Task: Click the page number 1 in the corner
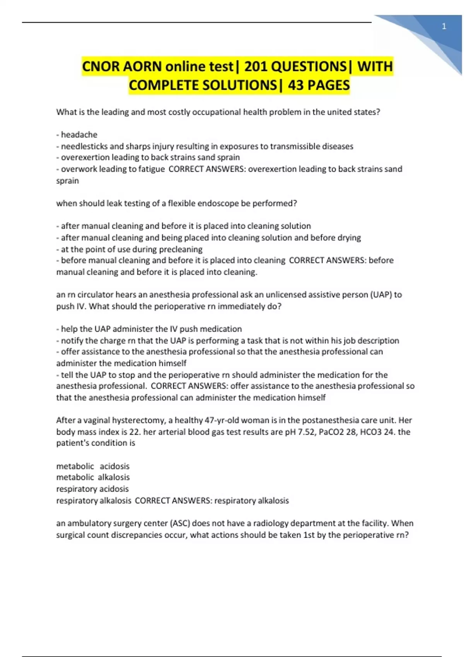point(444,26)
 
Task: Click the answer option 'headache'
point(79,134)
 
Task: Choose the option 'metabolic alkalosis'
point(93,477)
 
